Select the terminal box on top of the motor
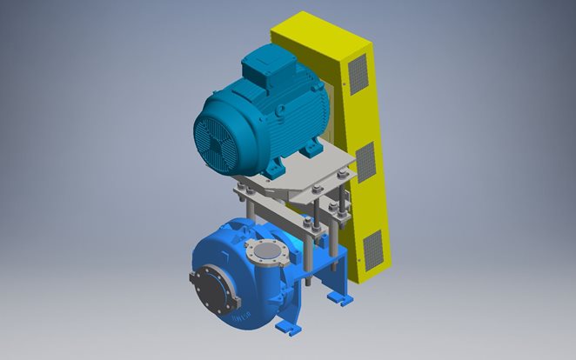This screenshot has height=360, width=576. [263, 65]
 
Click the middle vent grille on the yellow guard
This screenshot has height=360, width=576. [365, 163]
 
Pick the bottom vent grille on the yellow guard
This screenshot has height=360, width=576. [372, 249]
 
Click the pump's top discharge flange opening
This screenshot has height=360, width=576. [268, 253]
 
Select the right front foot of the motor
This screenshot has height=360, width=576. [311, 152]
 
